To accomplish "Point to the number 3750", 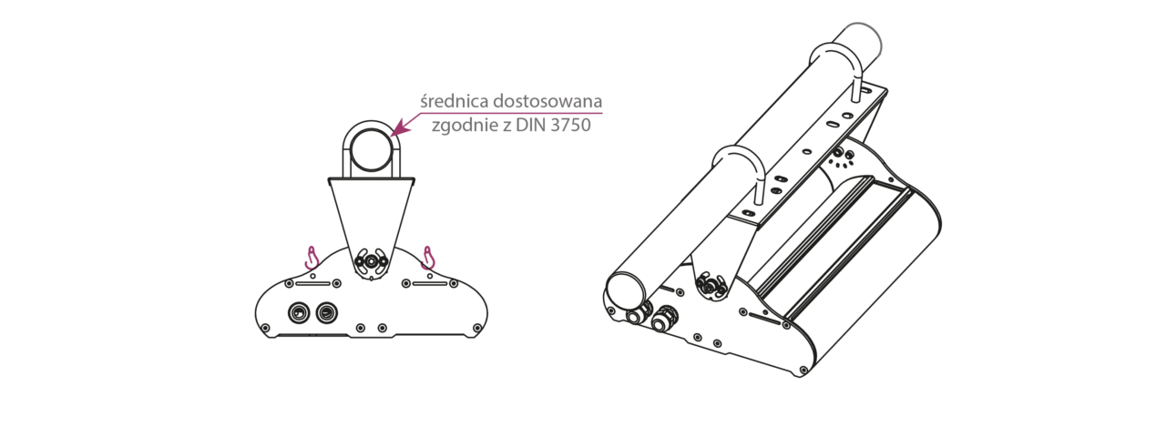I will coord(570,125).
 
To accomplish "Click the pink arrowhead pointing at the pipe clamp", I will coord(397,130).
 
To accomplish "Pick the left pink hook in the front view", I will coord(312,258).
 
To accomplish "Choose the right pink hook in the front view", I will coord(427,258).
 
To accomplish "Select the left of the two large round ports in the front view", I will coord(297,312).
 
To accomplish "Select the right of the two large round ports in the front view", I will coord(325,312).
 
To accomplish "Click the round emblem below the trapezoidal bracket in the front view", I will coord(371,261).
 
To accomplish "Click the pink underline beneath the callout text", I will coord(510,113).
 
